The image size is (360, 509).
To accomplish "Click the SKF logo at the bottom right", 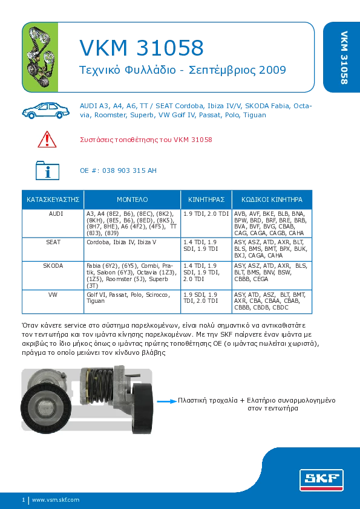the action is (321, 480).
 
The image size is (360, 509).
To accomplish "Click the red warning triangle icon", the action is (47, 140).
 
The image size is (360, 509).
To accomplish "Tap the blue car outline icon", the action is (46, 111).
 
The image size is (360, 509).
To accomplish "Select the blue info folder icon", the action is (47, 170).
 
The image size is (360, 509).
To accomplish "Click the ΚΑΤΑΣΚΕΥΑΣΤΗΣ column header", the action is (53, 199).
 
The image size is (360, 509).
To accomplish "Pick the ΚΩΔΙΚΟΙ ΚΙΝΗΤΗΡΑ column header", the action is (272, 199).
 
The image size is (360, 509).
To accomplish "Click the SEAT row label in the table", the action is (53, 242).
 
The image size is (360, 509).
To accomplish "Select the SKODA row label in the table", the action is (53, 266).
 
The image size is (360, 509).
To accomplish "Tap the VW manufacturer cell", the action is (53, 295).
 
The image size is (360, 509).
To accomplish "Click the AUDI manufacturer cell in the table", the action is (53, 214).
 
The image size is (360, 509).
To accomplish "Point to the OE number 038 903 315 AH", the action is (129, 170).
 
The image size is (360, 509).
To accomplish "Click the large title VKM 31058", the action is (142, 48).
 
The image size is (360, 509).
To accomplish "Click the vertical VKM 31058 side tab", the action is (344, 57).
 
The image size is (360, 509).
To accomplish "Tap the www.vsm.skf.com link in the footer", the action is (56, 500).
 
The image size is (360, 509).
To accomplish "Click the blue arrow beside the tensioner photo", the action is (166, 401).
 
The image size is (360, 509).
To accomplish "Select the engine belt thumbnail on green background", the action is (40, 57).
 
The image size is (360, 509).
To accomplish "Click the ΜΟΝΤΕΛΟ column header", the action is (133, 199).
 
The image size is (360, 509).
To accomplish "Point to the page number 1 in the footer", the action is (24, 500).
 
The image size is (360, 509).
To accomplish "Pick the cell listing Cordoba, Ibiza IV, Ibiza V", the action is (122, 242).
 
